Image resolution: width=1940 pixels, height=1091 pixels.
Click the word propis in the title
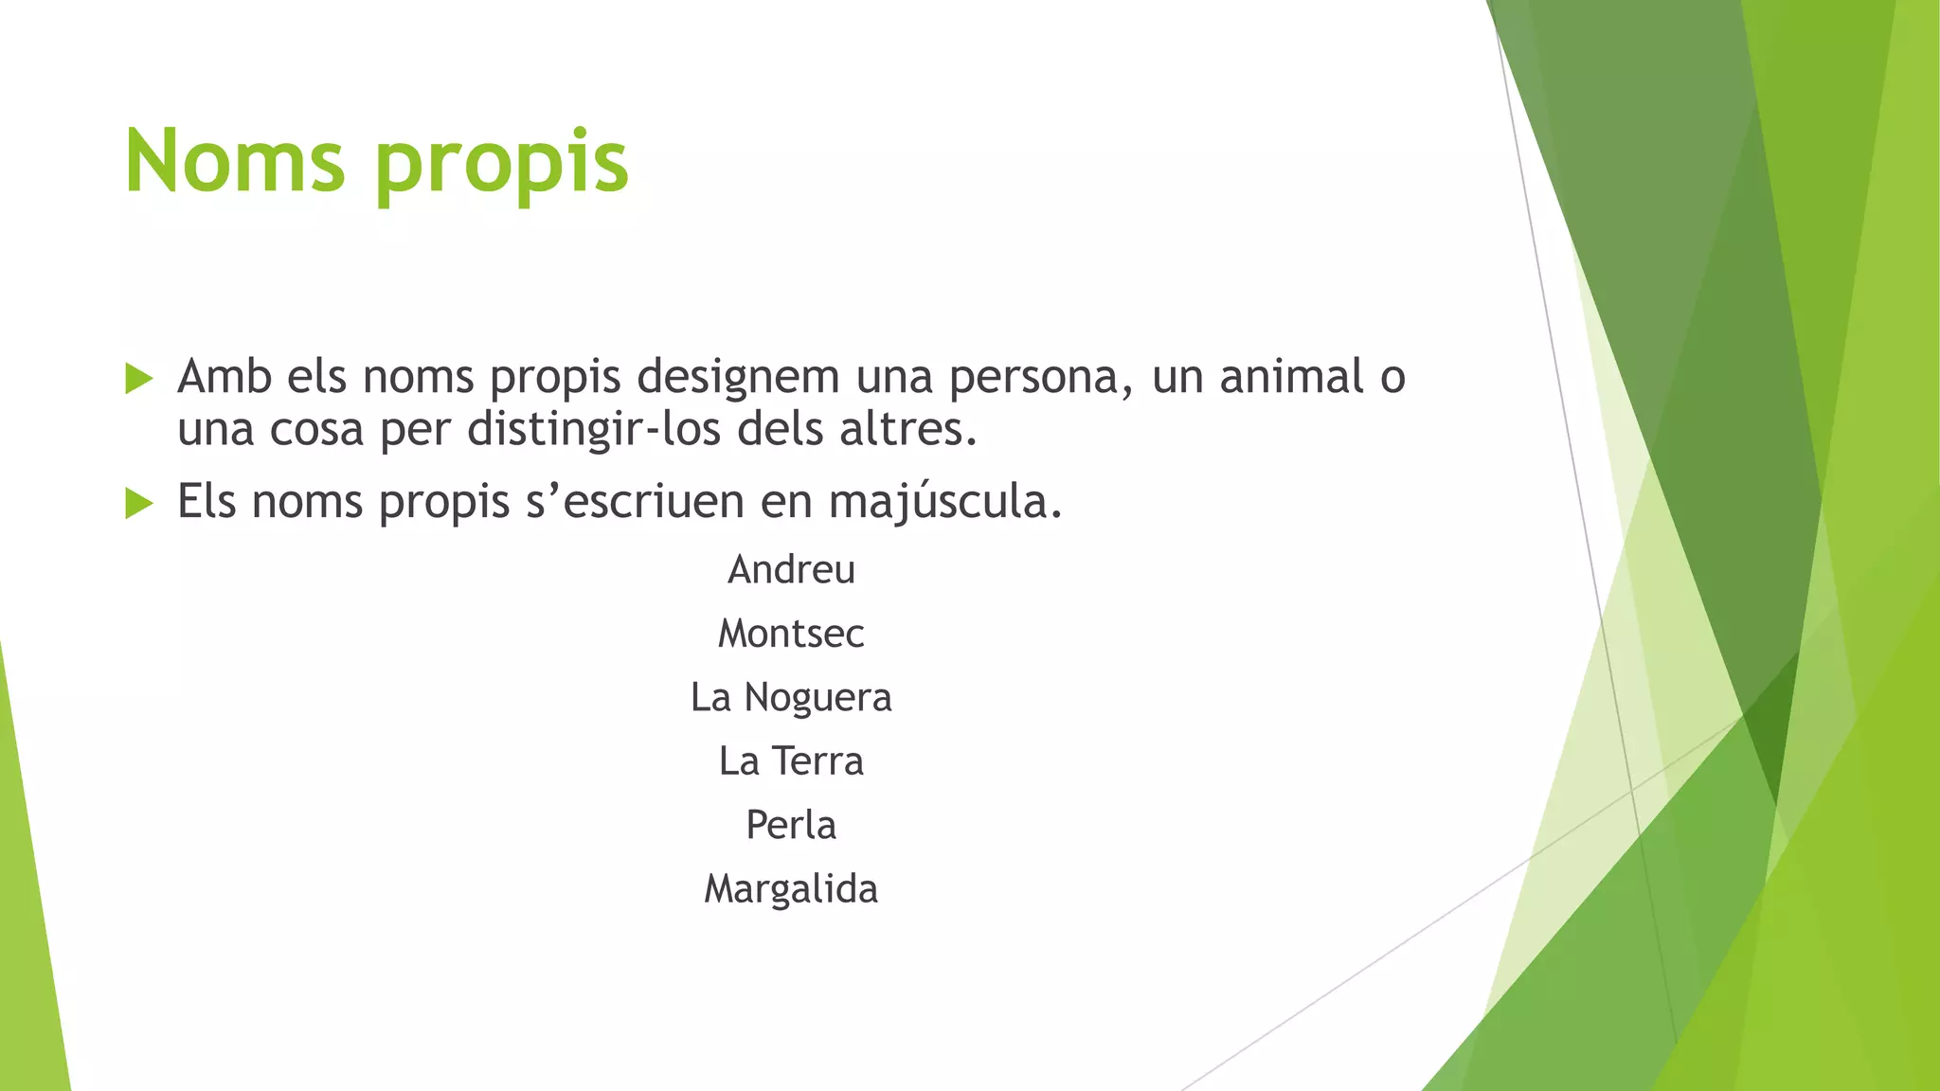coord(502,166)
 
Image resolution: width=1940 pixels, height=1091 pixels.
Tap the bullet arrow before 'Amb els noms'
coord(138,379)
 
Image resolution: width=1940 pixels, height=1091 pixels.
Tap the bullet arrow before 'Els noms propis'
coord(138,504)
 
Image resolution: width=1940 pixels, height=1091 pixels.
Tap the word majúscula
coord(944,503)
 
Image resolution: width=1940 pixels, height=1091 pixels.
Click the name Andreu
coord(791,570)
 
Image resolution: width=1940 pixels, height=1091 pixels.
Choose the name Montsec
coord(791,634)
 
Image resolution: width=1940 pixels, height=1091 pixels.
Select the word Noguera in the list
coord(817,698)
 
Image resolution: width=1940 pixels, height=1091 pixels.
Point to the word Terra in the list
coord(817,761)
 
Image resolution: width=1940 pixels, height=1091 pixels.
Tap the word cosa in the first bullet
coord(316,431)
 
